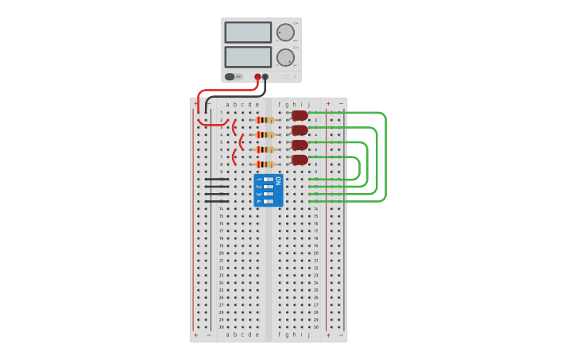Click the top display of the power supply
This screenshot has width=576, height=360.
tap(248, 32)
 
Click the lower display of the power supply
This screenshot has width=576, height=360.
tap(248, 56)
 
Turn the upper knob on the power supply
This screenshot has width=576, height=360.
tap(285, 33)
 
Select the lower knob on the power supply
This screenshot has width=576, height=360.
tap(285, 57)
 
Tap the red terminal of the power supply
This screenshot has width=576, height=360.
tap(257, 77)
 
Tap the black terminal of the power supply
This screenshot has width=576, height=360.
tap(265, 77)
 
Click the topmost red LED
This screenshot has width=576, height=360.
tap(300, 115)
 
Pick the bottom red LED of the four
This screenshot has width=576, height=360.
tap(300, 160)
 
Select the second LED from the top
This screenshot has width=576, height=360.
tap(300, 130)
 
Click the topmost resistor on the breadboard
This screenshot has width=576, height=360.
tap(265, 120)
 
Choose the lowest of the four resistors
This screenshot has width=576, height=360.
tap(265, 165)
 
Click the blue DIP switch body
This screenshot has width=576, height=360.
tap(268, 191)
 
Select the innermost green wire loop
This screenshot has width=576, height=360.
tap(359, 168)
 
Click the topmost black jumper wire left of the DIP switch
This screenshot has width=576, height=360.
tap(216, 179)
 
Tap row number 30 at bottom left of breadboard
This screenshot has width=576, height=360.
tap(221, 327)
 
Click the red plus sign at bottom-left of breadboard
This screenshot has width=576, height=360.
tap(195, 335)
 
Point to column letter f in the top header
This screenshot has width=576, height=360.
tap(280, 104)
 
